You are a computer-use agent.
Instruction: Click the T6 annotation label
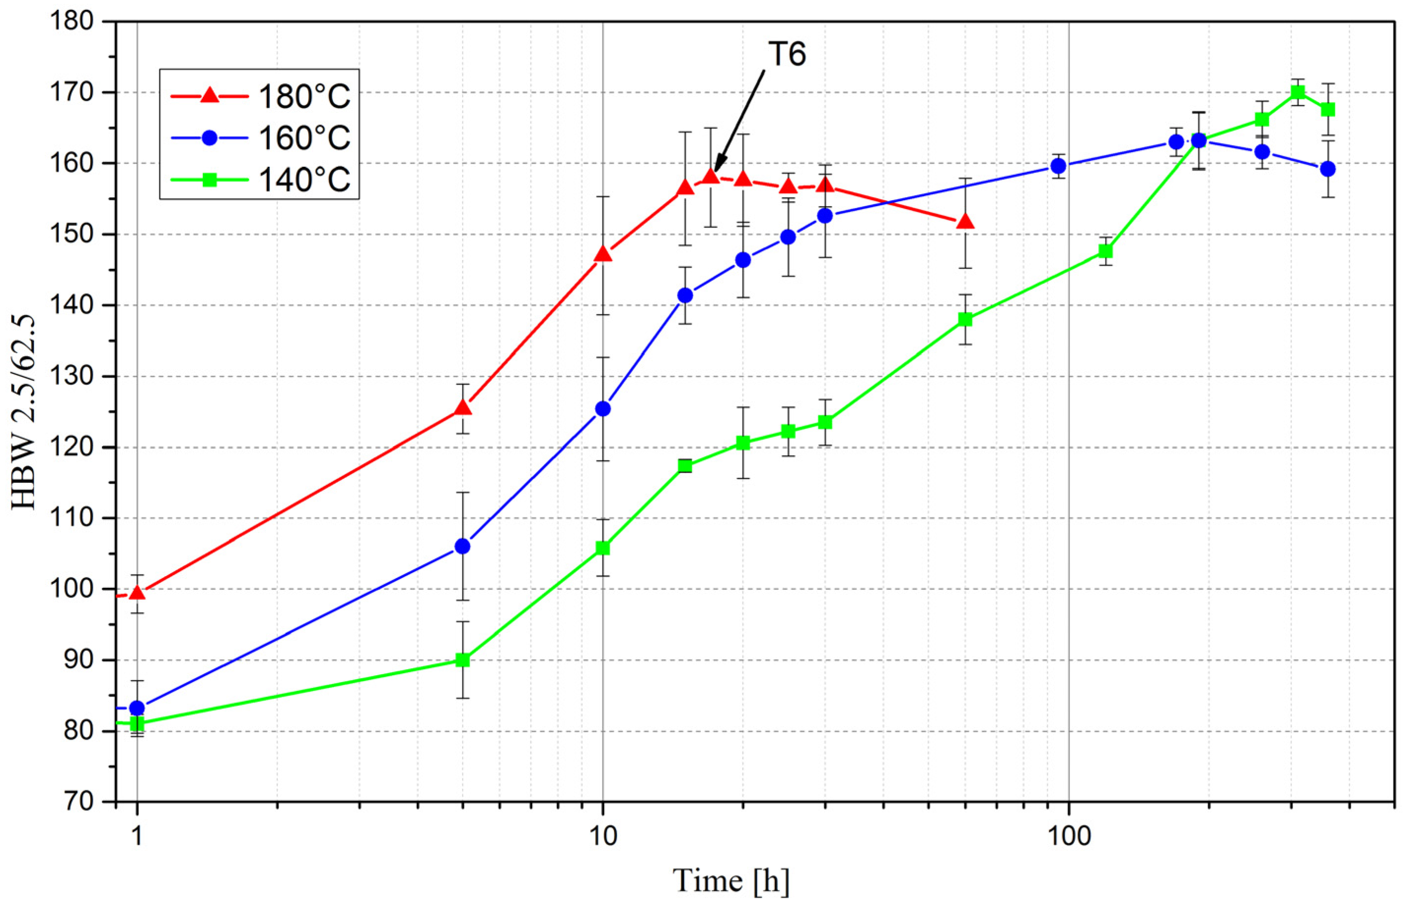(x=787, y=55)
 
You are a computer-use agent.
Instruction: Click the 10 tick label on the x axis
(x=602, y=836)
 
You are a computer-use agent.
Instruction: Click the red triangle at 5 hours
(x=463, y=407)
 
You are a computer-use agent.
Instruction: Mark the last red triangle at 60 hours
(x=965, y=221)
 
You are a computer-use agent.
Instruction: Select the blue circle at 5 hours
(x=463, y=546)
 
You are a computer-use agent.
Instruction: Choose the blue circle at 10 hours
(x=603, y=408)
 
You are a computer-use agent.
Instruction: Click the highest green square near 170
(x=1298, y=92)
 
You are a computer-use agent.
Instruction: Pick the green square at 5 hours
(x=463, y=659)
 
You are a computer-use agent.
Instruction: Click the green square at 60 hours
(x=965, y=319)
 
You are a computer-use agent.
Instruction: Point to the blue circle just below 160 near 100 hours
(x=1059, y=165)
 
